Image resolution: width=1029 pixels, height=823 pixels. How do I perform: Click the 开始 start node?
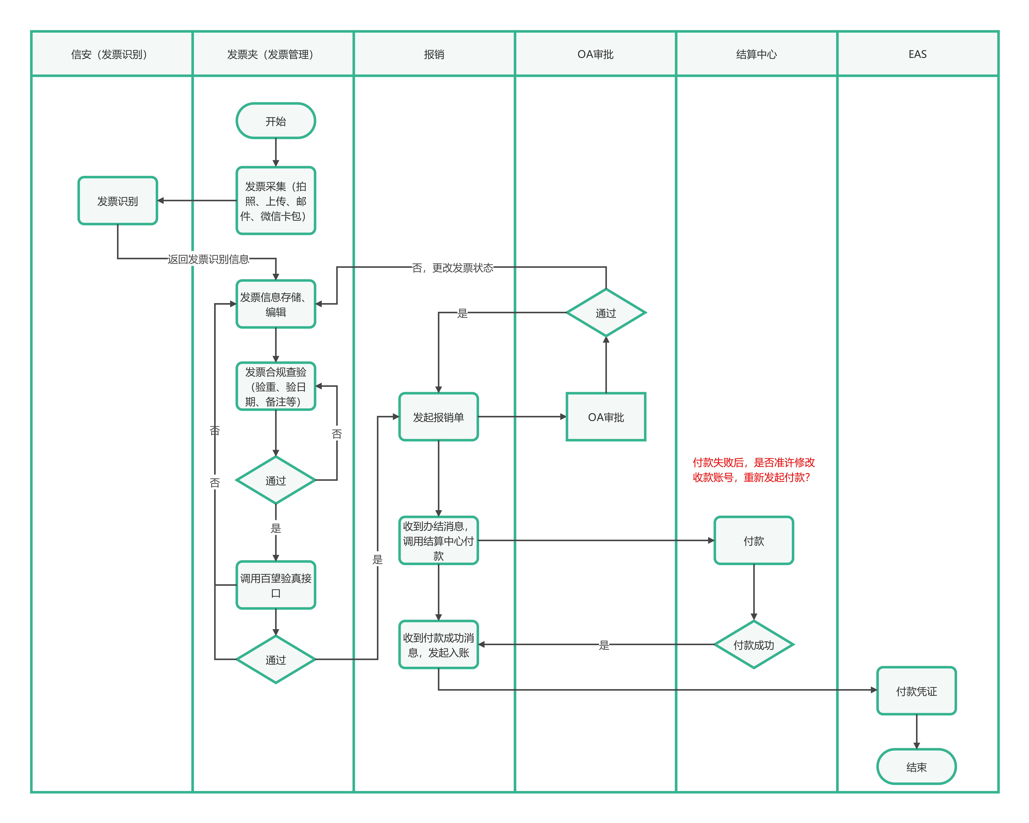(x=276, y=121)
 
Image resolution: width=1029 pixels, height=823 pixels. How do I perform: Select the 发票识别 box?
(x=118, y=201)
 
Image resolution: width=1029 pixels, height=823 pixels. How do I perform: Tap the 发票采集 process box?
(x=276, y=201)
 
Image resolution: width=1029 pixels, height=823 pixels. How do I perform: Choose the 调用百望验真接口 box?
(x=276, y=585)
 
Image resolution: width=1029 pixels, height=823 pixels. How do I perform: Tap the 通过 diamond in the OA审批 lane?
(x=606, y=313)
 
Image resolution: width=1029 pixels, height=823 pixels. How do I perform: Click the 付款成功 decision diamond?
(x=754, y=645)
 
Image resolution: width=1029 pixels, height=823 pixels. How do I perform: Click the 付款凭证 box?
(x=917, y=691)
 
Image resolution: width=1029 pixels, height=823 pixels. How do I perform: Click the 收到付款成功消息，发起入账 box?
(x=439, y=645)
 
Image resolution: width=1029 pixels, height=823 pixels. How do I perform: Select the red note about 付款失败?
(x=754, y=470)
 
